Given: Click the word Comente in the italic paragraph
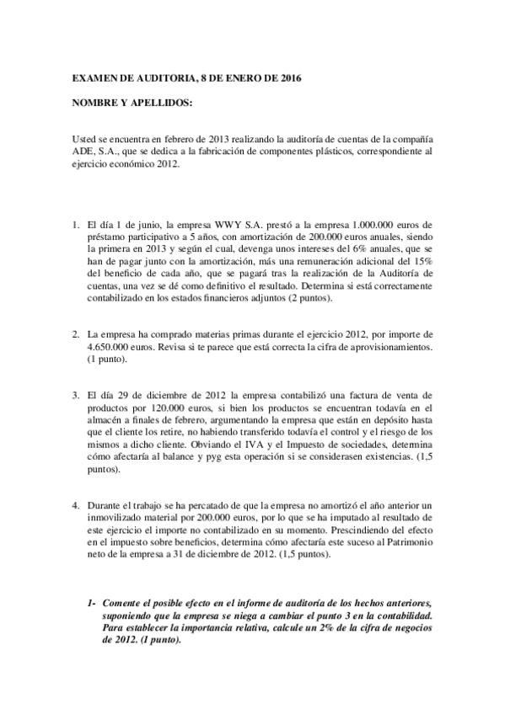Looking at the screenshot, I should click(x=121, y=605).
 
